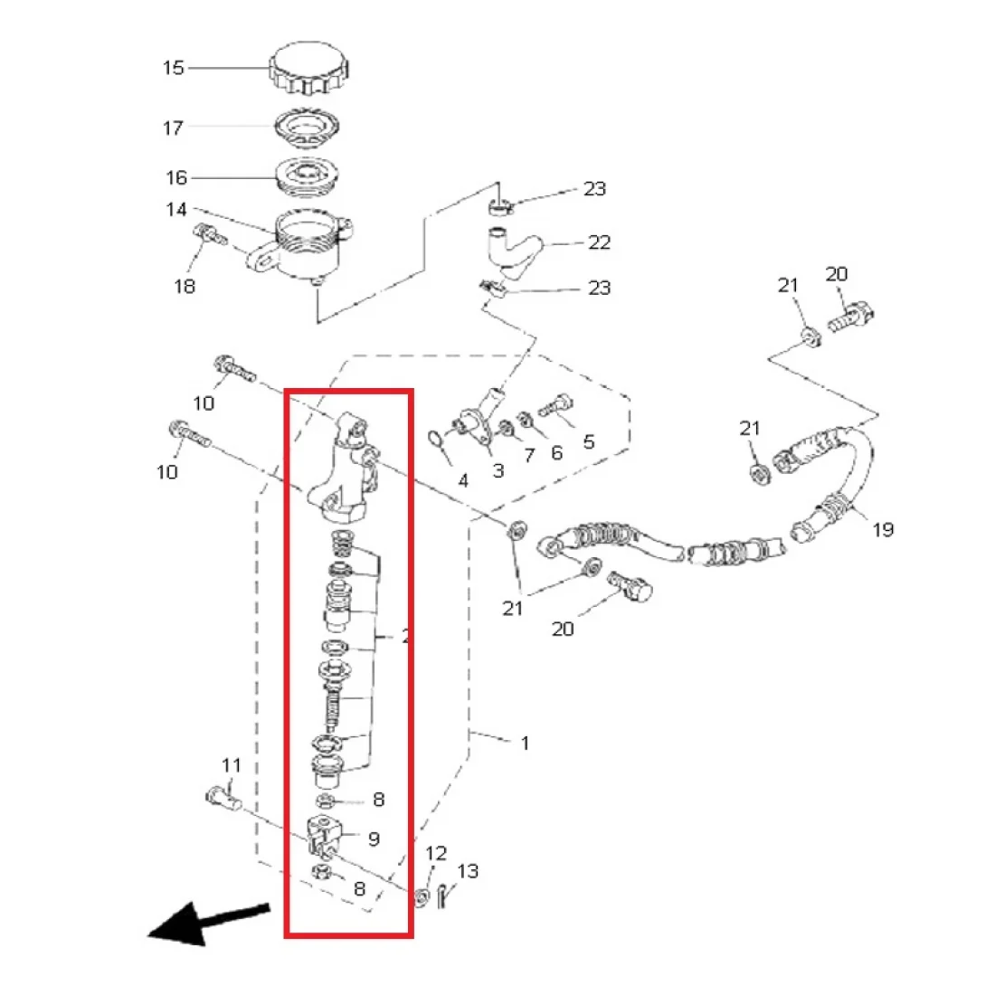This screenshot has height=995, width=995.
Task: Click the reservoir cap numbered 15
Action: (x=309, y=67)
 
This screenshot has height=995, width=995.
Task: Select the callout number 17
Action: (x=174, y=128)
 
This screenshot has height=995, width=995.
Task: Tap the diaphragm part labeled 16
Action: (x=308, y=175)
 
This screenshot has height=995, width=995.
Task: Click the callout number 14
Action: (x=175, y=210)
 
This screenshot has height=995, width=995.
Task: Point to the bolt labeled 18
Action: (x=210, y=235)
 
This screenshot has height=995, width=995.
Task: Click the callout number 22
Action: (x=599, y=242)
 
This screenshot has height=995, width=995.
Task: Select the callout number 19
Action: (x=883, y=529)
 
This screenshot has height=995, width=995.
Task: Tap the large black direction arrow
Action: (x=209, y=924)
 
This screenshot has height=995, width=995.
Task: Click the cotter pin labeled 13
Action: (x=443, y=895)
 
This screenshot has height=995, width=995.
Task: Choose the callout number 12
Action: (x=436, y=854)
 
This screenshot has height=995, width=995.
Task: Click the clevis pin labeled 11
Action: (x=223, y=799)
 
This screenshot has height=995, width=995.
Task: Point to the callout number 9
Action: (x=374, y=839)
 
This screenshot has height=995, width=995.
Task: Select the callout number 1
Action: (x=525, y=743)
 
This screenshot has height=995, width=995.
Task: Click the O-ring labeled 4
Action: (x=435, y=438)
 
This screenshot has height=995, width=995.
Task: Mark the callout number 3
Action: (x=498, y=471)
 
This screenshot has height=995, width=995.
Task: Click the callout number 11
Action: (x=232, y=765)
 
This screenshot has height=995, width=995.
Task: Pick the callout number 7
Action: (x=529, y=455)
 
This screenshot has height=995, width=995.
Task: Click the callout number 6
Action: (x=556, y=452)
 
